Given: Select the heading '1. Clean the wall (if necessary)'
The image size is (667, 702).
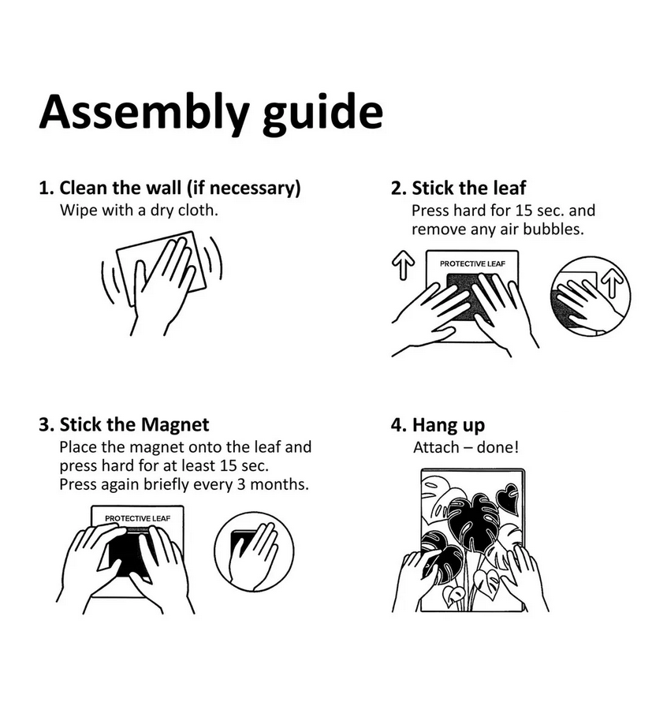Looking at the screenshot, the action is pyautogui.click(x=170, y=188).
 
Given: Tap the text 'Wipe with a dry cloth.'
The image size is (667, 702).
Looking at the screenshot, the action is pyautogui.click(x=139, y=210).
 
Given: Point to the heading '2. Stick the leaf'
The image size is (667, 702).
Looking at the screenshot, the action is pyautogui.click(x=458, y=188).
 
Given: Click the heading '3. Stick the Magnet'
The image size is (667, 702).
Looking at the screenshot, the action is pyautogui.click(x=124, y=424).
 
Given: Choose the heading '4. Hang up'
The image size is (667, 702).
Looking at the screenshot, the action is pyautogui.click(x=438, y=425).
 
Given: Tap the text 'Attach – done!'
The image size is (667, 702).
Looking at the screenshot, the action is pyautogui.click(x=466, y=447).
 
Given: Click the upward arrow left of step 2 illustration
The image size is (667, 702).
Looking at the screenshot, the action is pyautogui.click(x=403, y=265).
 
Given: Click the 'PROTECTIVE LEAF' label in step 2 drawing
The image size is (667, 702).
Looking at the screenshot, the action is pyautogui.click(x=472, y=263).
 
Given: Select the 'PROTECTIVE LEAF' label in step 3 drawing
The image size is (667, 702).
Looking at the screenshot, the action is pyautogui.click(x=137, y=518).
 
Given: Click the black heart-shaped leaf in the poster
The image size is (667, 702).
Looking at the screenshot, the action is pyautogui.click(x=508, y=498).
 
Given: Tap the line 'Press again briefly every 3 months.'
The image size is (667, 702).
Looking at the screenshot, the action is pyautogui.click(x=184, y=484).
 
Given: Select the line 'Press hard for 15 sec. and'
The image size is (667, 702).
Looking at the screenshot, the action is pyautogui.click(x=503, y=211).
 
